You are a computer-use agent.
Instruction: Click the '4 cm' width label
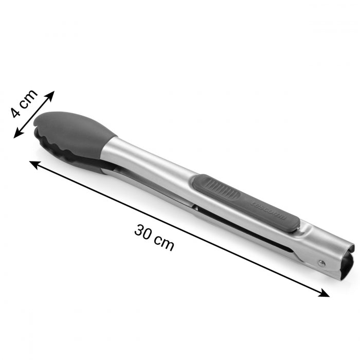[x=25, y=105]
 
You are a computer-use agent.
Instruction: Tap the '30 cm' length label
[x=154, y=237]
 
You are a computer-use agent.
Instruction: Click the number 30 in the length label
[x=145, y=231]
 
